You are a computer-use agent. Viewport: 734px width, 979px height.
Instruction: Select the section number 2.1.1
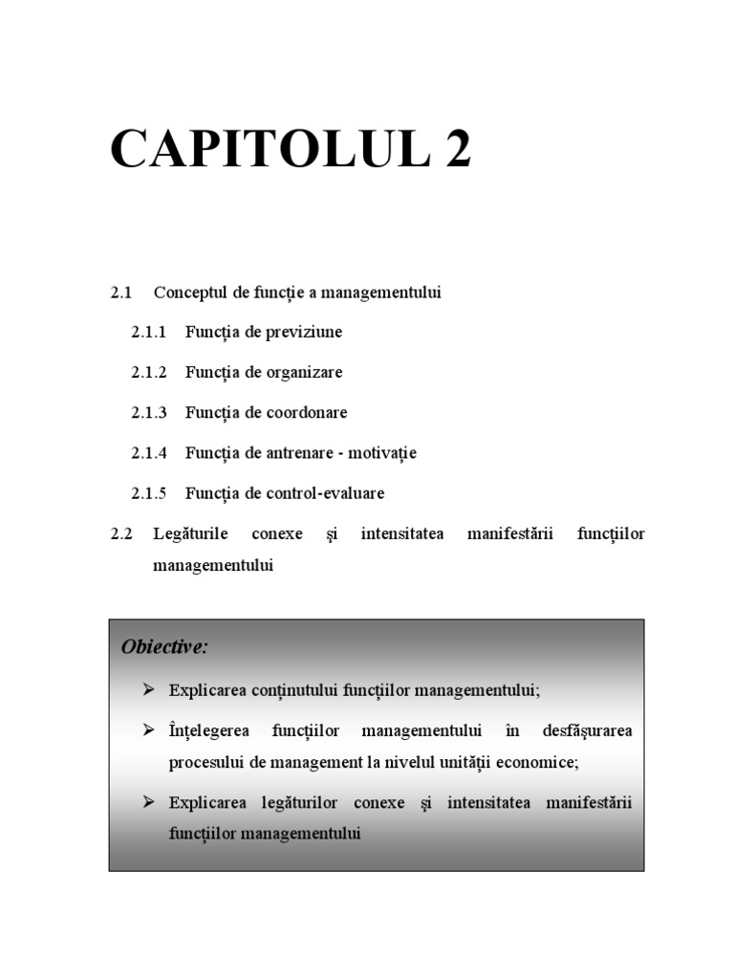click(x=148, y=332)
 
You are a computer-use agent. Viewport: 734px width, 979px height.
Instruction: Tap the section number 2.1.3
click(x=148, y=412)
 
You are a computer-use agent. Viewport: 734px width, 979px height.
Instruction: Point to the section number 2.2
click(x=120, y=533)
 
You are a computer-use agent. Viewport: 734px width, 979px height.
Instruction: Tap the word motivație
click(x=382, y=453)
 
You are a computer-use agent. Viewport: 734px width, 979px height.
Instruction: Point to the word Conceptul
click(x=187, y=292)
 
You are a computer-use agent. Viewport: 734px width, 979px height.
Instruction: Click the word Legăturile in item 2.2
click(x=190, y=533)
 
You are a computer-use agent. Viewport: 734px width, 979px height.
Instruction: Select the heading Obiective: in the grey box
click(x=164, y=647)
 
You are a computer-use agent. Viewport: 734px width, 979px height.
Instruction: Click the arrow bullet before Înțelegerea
click(x=148, y=730)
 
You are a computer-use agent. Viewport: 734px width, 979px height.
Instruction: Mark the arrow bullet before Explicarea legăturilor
click(x=148, y=801)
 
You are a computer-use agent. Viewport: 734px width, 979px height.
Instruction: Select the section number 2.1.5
click(x=148, y=493)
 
